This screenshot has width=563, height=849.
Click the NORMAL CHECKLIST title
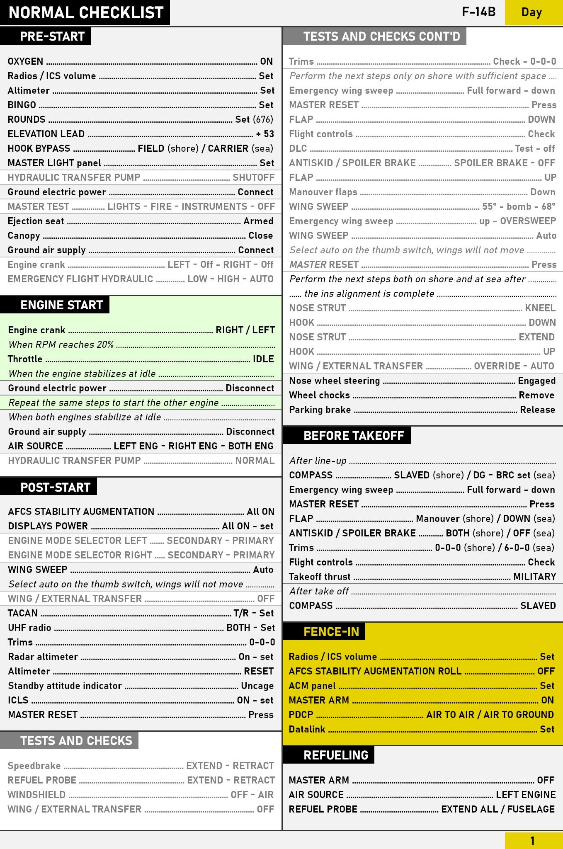pyautogui.click(x=86, y=13)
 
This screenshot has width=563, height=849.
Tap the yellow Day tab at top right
pyautogui.click(x=531, y=12)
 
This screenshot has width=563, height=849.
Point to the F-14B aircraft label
pyautogui.click(x=479, y=12)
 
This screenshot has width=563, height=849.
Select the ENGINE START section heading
pyautogui.click(x=61, y=305)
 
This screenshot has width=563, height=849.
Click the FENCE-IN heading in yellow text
pyautogui.click(x=331, y=631)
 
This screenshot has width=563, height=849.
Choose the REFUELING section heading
pyautogui.click(x=336, y=755)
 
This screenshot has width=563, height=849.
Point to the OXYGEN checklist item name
pyautogui.click(x=26, y=61)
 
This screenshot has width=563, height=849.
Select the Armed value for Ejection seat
pyautogui.click(x=258, y=221)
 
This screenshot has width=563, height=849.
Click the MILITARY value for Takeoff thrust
pyautogui.click(x=534, y=577)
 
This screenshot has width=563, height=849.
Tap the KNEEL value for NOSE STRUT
pyautogui.click(x=540, y=308)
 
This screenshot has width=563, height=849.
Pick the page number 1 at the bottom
pyautogui.click(x=532, y=841)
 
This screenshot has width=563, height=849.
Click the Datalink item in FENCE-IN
pyautogui.click(x=307, y=729)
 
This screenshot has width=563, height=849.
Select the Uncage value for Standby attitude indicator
pyautogui.click(x=257, y=686)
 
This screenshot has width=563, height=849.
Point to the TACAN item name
pyautogui.click(x=23, y=613)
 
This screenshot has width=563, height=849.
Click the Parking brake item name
pyautogui.click(x=320, y=410)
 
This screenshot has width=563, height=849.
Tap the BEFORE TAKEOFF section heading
pyautogui.click(x=354, y=435)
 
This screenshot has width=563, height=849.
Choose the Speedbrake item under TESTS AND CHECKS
pyautogui.click(x=34, y=766)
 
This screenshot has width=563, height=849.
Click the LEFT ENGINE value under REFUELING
pyautogui.click(x=526, y=795)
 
